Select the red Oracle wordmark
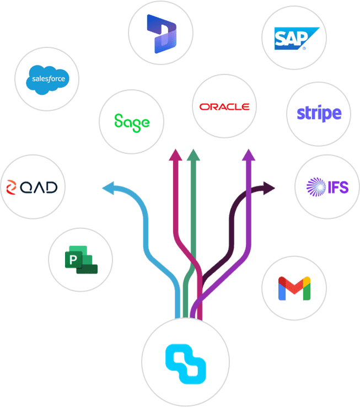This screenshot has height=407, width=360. tap(224, 106)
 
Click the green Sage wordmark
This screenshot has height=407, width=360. tap(131, 121)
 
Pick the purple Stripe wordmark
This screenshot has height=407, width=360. tap(319, 114)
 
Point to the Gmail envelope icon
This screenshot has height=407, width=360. tap(294, 288)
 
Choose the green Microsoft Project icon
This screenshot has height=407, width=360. tap(80, 260)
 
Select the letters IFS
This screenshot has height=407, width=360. tap(339, 188)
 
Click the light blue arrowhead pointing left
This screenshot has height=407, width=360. tap(108, 189)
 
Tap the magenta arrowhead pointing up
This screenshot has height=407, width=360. tap(175, 154)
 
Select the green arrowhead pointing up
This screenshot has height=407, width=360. tap(193, 154)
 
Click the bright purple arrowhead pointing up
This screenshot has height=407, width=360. tap(249, 154)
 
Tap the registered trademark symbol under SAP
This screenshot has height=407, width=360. tap(303, 49)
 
